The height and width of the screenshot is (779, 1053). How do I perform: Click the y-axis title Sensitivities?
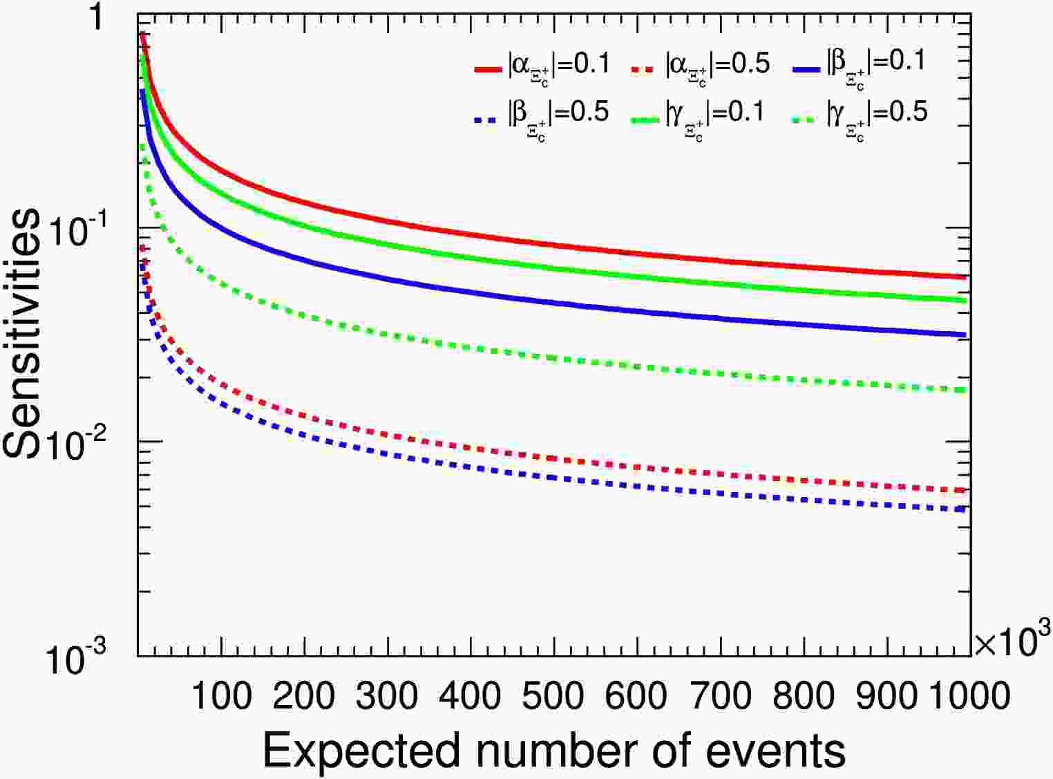(22, 332)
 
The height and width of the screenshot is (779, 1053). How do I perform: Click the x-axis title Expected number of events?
(553, 750)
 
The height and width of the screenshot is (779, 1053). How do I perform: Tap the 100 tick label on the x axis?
(221, 695)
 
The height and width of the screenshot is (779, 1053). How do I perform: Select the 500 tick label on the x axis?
(553, 695)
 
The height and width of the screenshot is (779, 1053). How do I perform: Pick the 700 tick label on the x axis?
(720, 695)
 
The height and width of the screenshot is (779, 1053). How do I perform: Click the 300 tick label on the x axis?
(387, 695)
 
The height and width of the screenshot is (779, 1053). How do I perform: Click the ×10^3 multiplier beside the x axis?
(1012, 639)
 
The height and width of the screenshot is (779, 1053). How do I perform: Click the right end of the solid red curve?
(965, 277)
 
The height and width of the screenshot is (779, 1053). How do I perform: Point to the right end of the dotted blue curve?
(965, 509)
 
